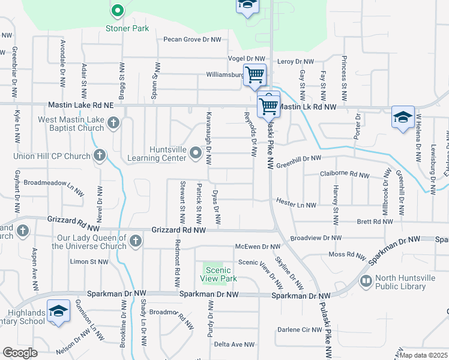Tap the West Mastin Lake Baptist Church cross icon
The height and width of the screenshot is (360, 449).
[113, 124]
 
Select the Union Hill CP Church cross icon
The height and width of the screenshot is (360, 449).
[100, 156]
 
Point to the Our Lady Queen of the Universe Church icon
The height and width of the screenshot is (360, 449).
[136, 241]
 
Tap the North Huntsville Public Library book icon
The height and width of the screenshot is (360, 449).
[365, 281]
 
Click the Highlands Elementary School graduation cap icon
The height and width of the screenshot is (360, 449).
[58, 312]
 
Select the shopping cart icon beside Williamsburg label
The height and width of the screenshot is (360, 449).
[255, 75]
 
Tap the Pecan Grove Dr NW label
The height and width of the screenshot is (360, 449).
[193, 40]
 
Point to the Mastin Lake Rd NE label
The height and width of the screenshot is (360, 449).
[80, 105]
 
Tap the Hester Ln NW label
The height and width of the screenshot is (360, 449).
[296, 205]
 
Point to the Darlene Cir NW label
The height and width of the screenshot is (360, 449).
[300, 330]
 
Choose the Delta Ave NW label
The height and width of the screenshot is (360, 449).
[234, 344]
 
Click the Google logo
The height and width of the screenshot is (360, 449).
[20, 353]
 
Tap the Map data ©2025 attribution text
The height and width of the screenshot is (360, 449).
[424, 355]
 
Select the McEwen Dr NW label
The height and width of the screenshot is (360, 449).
[258, 247]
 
